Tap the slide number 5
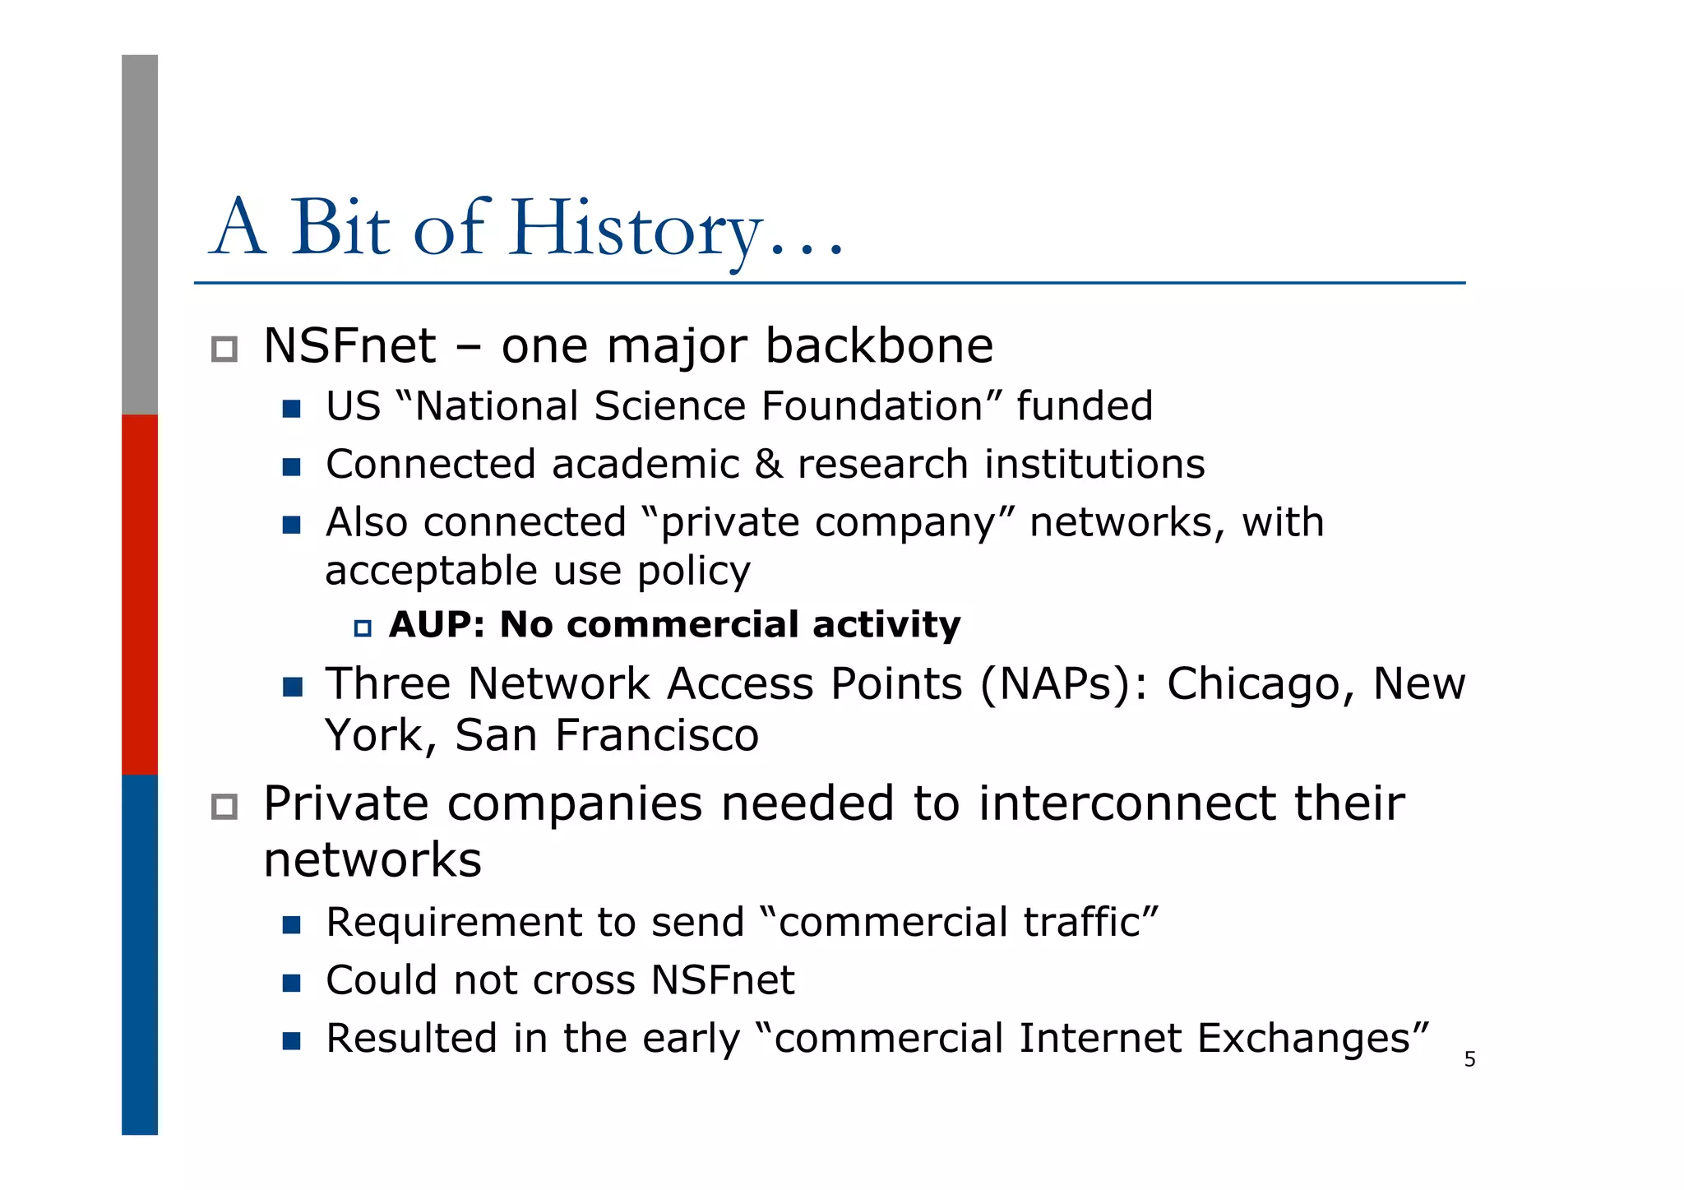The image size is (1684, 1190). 1469,1060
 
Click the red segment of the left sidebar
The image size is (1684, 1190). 140,594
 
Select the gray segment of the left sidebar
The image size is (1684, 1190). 140,234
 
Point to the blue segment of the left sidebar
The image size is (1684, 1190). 140,954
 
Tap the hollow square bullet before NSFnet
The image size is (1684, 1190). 224,350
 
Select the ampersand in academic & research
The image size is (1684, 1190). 768,465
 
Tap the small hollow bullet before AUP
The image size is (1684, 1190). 363,629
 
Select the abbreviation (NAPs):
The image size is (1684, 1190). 1063,684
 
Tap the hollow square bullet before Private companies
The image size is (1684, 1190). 224,807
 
